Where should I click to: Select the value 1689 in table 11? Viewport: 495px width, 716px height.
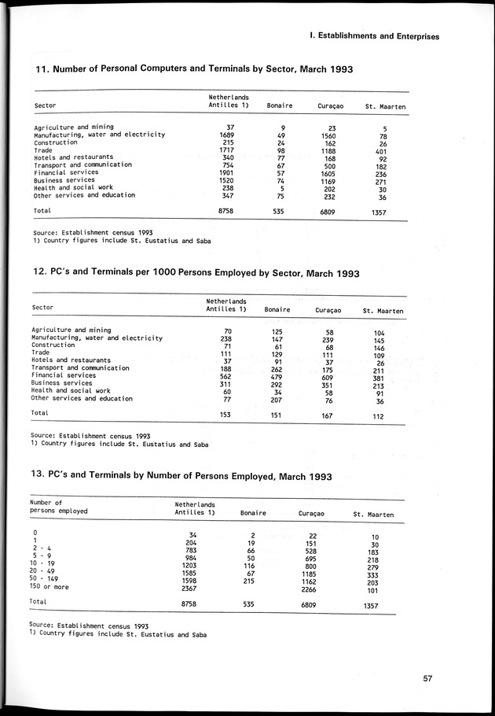pyautogui.click(x=225, y=135)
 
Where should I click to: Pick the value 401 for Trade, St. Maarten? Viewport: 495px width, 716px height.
pyautogui.click(x=379, y=150)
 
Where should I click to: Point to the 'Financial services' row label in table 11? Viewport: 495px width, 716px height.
pyautogui.click(x=66, y=172)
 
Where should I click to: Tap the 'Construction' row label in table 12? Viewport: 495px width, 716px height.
pyautogui.click(x=53, y=345)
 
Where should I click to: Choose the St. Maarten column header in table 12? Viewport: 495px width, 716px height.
pyautogui.click(x=383, y=311)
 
